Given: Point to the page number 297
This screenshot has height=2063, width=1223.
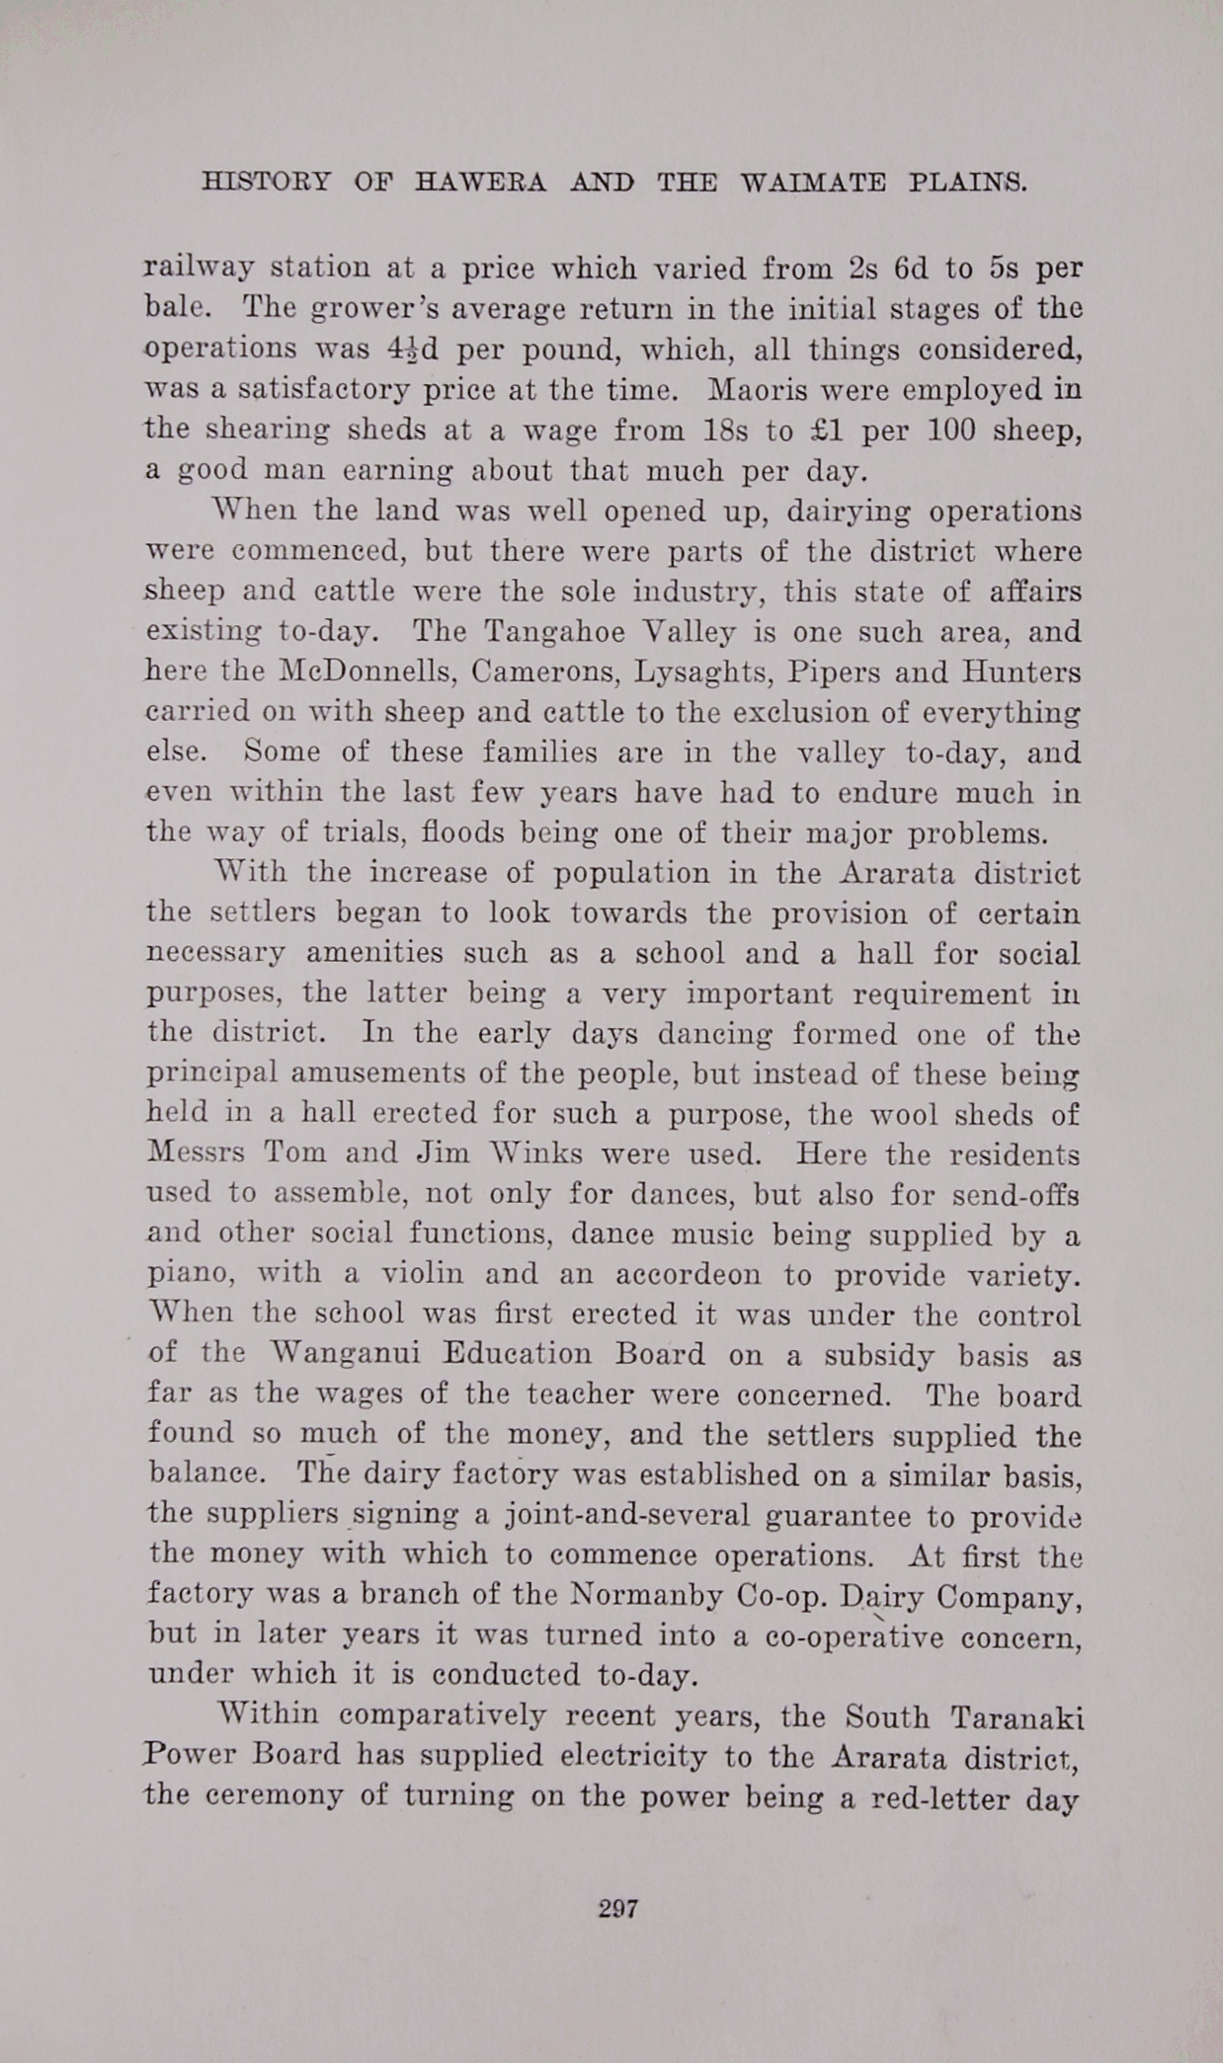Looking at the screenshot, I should tap(618, 1908).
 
